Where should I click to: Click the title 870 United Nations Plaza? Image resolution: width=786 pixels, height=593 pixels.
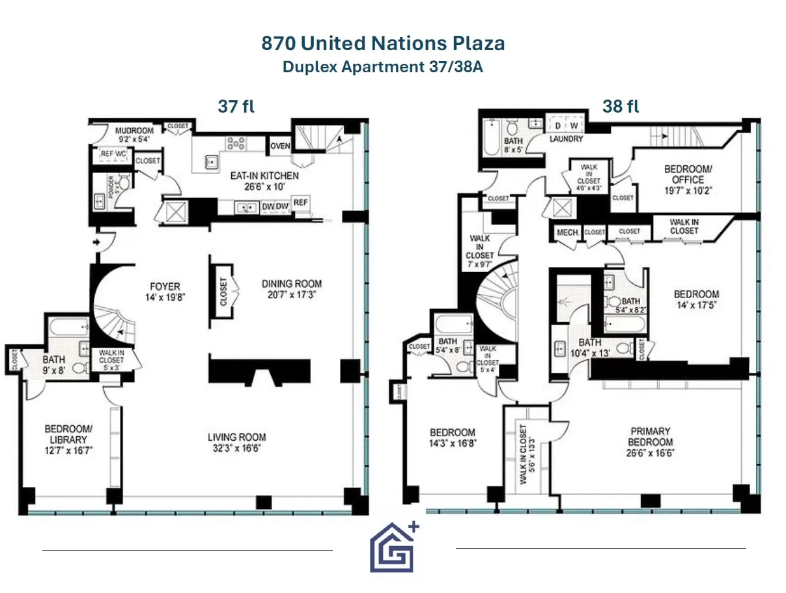383,44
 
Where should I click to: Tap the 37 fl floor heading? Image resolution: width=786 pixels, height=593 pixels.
236,107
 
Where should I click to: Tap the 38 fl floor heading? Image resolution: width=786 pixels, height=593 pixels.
620,107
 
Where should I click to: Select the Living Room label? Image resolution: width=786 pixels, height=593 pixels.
237,443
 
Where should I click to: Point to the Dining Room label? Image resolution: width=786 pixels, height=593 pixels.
292,289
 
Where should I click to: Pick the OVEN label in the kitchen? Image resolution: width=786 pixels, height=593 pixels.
280,146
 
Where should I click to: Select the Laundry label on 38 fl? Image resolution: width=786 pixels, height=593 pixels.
565,139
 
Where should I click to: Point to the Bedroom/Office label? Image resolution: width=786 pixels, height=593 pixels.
688,174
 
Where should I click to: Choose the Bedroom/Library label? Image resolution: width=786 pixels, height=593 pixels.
68,434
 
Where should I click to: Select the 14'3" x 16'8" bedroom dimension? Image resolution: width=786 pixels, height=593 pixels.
453,443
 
